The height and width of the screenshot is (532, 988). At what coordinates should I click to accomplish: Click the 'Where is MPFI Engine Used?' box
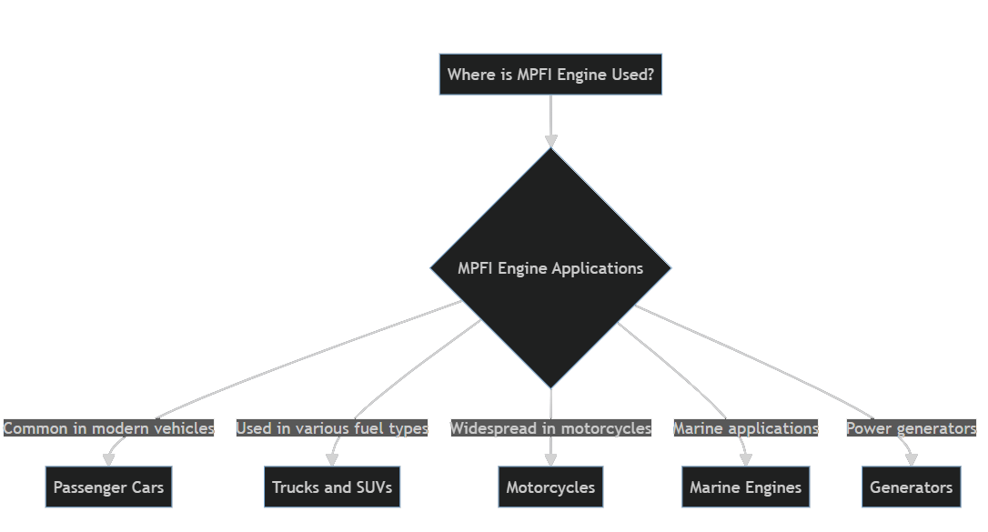(550, 75)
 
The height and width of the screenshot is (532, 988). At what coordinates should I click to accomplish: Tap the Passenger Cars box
(108, 487)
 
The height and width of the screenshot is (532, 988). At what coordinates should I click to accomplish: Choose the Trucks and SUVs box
(332, 487)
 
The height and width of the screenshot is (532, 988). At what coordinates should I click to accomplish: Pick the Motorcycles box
(550, 487)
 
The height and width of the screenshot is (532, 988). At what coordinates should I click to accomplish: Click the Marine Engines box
(745, 487)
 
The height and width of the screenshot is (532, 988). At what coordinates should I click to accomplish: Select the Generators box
(911, 487)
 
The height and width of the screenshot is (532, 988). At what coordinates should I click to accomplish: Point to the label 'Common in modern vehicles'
(108, 428)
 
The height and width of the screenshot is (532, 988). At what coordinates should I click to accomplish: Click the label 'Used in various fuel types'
(332, 428)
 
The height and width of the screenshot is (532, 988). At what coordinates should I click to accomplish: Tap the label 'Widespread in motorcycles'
(550, 428)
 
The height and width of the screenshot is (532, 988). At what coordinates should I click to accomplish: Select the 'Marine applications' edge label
(745, 428)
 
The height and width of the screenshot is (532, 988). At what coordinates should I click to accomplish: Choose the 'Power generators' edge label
(911, 428)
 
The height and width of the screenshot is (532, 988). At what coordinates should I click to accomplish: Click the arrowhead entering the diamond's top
(550, 140)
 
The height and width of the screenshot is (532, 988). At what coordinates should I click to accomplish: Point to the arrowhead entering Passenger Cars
(108, 459)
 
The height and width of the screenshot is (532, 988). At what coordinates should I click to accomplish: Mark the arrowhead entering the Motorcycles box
(550, 459)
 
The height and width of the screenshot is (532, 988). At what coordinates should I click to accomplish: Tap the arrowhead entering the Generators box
(911, 459)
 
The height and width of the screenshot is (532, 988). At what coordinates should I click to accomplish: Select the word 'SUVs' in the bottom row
(373, 487)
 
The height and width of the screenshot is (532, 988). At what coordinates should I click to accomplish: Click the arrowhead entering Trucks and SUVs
(332, 459)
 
